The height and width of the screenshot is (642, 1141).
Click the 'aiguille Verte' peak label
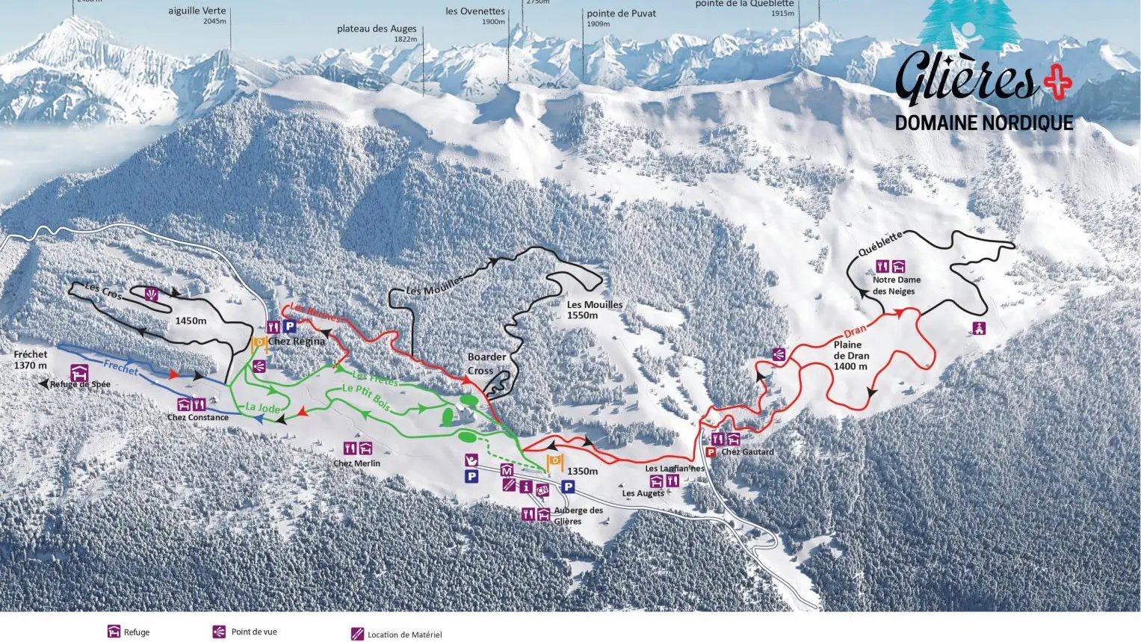click(x=197, y=11)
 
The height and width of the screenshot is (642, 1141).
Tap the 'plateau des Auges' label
click(x=377, y=29)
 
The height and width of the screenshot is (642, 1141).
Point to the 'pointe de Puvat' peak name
click(x=621, y=13)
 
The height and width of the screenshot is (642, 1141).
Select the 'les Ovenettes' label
click(x=475, y=11)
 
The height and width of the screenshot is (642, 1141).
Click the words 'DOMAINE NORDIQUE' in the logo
click(x=983, y=123)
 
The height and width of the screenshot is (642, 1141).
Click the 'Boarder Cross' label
click(x=486, y=364)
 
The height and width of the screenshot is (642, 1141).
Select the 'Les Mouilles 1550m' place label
click(x=594, y=309)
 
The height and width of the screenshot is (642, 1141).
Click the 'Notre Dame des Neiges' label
click(x=897, y=285)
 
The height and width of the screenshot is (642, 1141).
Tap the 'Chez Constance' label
click(x=198, y=417)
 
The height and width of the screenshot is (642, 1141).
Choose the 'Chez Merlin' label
click(x=356, y=463)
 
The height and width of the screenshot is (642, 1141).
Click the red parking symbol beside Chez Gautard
click(x=711, y=452)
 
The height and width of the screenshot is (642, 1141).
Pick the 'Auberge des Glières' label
click(x=578, y=516)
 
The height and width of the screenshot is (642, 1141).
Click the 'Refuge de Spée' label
click(x=80, y=384)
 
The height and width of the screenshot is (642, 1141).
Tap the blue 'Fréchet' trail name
click(x=121, y=367)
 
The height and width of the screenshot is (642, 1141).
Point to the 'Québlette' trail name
click(x=880, y=244)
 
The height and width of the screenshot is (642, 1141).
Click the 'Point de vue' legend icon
click(x=219, y=632)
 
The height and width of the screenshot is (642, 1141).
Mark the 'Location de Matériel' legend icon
click(x=357, y=635)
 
